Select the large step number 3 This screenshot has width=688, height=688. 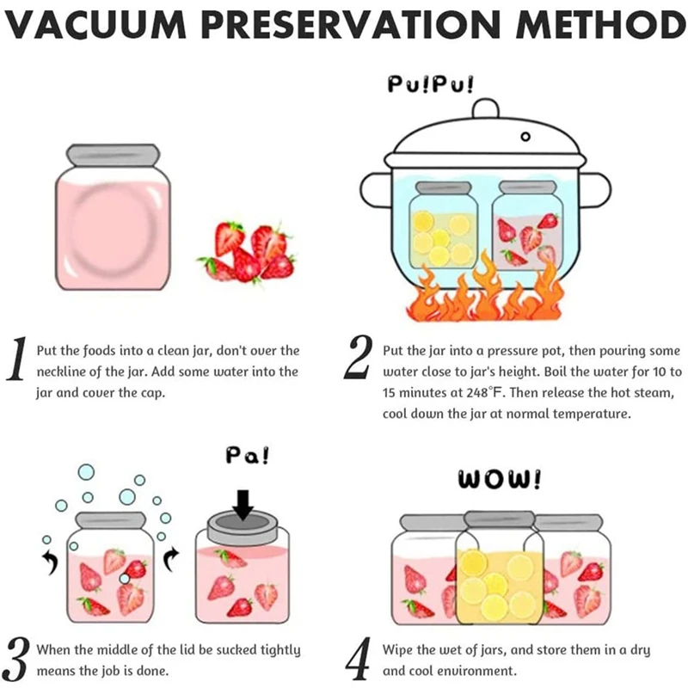point(15,657)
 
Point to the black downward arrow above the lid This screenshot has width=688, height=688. point(243,504)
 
